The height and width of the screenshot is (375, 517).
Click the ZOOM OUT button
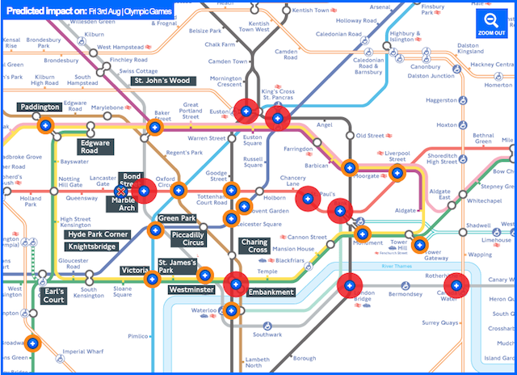pyautogui.click(x=490, y=23)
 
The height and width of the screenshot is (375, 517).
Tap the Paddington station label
pyautogui.click(x=40, y=107)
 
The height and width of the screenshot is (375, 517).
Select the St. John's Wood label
pyautogui.click(x=162, y=81)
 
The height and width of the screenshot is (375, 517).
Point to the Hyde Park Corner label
pyautogui.click(x=98, y=234)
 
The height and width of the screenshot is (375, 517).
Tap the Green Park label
pyautogui.click(x=177, y=219)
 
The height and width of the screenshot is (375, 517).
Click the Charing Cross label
pyautogui.click(x=254, y=246)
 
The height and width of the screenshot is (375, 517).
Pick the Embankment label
pyautogui.click(x=271, y=292)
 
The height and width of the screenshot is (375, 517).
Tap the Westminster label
pyautogui.click(x=191, y=289)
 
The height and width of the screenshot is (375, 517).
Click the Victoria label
pyautogui.click(x=134, y=271)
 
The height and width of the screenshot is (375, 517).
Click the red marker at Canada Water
pyautogui.click(x=457, y=285)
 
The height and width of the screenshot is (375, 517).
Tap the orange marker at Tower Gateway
pyautogui.click(x=419, y=246)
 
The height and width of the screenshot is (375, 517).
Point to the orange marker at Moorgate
pyautogui.click(x=350, y=168)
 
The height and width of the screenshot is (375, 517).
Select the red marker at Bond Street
pyautogui.click(x=145, y=191)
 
